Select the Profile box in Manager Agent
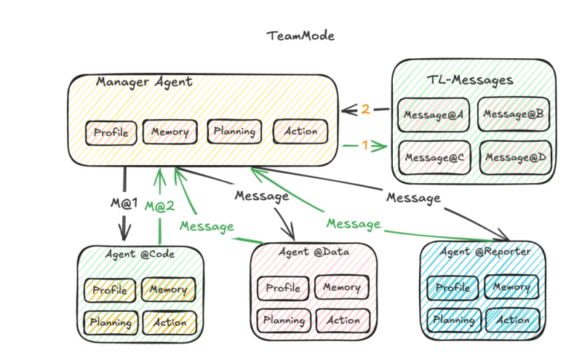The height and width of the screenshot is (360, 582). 111,133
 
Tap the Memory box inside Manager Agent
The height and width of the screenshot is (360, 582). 170,132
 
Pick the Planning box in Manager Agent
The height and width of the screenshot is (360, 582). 234,132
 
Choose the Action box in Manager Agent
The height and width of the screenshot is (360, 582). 300,132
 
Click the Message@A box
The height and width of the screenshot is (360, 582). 434,115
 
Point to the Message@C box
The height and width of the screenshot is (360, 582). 434,157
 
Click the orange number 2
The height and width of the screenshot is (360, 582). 366,110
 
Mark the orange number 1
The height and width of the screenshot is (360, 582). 366,145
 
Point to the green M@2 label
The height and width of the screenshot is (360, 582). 159,207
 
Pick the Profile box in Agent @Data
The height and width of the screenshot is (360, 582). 282,288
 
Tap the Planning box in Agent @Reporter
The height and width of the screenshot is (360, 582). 454,320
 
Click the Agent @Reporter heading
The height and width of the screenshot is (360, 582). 485,252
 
